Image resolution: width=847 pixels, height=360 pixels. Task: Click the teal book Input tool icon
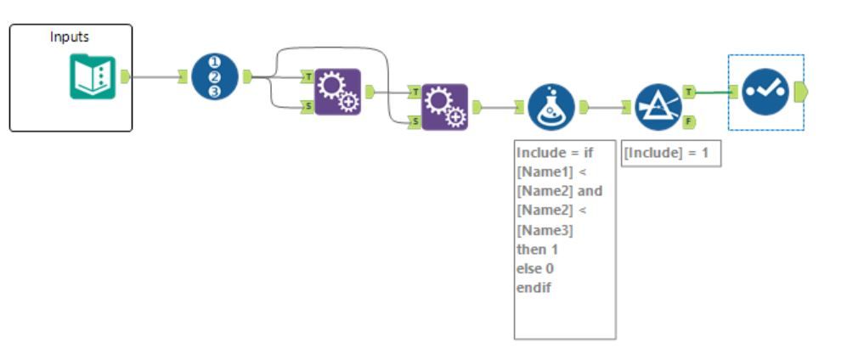(92, 77)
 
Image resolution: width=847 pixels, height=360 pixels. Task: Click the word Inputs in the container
(70, 37)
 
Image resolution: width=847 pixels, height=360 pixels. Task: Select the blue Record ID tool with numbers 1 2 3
(215, 77)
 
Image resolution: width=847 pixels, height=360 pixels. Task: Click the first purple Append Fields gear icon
(337, 92)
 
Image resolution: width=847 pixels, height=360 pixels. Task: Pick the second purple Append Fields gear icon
(444, 107)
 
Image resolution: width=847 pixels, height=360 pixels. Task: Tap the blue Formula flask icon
(551, 107)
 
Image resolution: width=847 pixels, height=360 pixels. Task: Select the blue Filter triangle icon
(657, 107)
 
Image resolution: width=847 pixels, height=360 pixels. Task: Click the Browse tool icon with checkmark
(765, 92)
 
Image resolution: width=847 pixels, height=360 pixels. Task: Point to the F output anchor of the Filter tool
(689, 121)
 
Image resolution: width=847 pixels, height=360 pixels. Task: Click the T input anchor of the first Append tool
(308, 77)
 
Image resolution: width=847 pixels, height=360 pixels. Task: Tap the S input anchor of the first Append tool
(308, 106)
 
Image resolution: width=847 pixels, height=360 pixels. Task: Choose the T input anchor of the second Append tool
(415, 92)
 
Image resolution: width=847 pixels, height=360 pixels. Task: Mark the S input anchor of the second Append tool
(415, 121)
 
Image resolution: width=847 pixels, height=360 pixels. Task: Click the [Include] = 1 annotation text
(670, 155)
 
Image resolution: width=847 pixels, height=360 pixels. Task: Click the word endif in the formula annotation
(534, 288)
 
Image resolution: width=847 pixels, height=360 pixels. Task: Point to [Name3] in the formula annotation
(545, 230)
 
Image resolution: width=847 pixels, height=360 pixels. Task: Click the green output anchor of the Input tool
(125, 77)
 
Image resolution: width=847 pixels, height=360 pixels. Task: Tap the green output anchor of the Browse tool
(800, 91)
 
